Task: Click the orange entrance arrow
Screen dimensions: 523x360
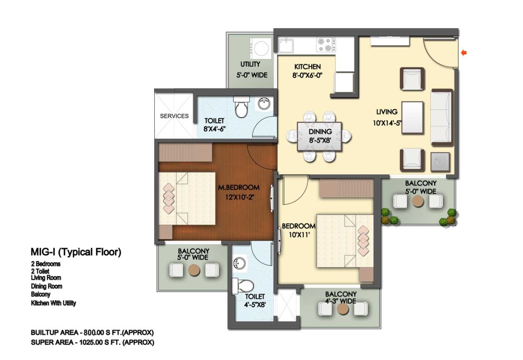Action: (x=463, y=52)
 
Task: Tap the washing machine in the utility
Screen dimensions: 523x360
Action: (x=260, y=48)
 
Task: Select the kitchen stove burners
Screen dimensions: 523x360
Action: (x=326, y=45)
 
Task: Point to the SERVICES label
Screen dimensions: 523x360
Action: (x=174, y=116)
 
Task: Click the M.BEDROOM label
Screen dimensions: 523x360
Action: (x=239, y=187)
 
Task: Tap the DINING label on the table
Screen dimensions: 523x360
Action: (x=320, y=131)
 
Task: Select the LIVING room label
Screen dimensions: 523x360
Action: (x=387, y=112)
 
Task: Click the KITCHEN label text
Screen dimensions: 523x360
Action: (x=308, y=67)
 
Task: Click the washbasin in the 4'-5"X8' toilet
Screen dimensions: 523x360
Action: (x=239, y=263)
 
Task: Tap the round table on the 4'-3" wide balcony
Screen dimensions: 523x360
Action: (x=343, y=309)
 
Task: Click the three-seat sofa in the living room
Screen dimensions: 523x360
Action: (x=442, y=117)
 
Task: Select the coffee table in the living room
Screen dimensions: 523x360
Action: (x=413, y=117)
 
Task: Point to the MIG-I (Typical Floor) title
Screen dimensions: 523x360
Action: (x=76, y=252)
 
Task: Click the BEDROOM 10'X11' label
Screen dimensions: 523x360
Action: (x=299, y=230)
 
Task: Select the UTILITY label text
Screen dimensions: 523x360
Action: (x=250, y=64)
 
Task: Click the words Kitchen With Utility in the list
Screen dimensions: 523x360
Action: (x=53, y=303)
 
